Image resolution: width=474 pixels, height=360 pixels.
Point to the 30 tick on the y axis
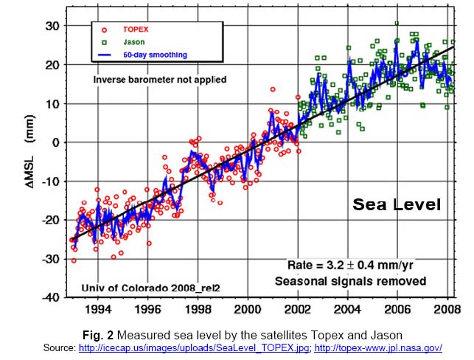pyautogui.click(x=51, y=26)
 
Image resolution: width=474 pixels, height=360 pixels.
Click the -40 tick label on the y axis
pyautogui.click(x=49, y=297)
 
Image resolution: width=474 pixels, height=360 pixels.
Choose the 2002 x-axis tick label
pyautogui.click(x=298, y=310)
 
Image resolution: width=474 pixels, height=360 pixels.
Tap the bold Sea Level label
pyautogui.click(x=395, y=204)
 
